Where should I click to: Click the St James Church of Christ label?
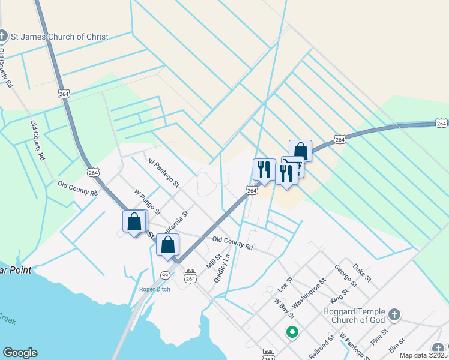tap(59, 37)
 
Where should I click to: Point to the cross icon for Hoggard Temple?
tap(394, 314)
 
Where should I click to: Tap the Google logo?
tap(20, 353)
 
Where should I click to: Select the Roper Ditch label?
tap(155, 289)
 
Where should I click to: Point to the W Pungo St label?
tap(148, 202)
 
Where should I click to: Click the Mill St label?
tap(214, 260)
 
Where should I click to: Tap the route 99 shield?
tap(165, 274)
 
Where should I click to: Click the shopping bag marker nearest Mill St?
tap(167, 244)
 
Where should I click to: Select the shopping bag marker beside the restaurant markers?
tap(300, 151)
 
